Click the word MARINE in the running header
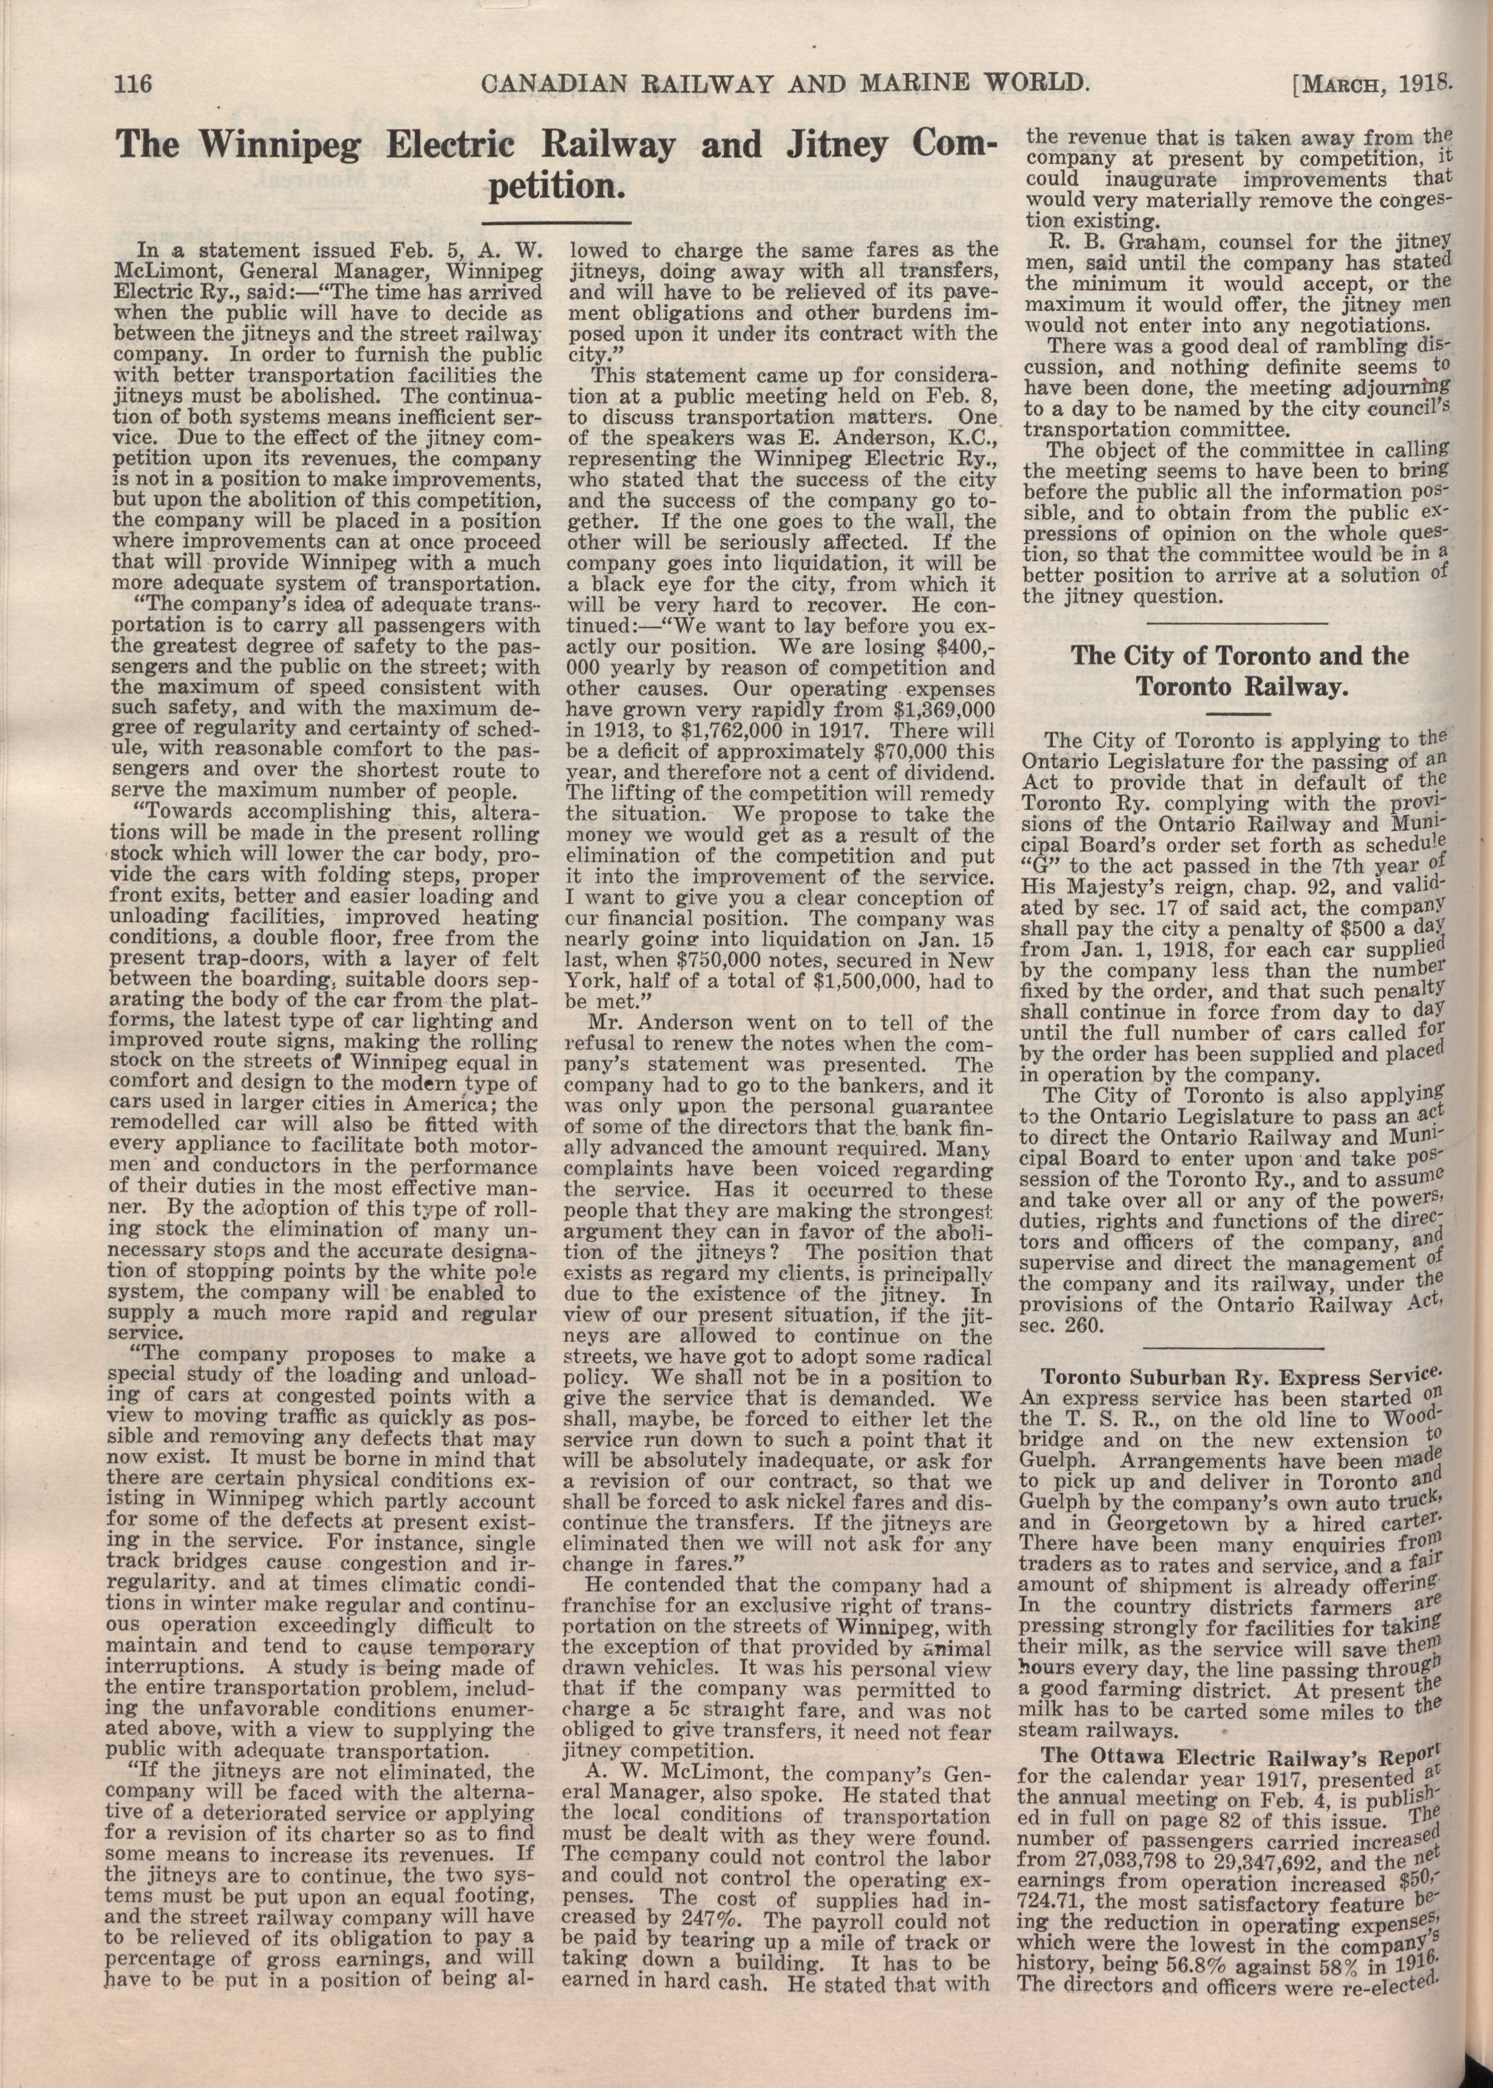point(871,84)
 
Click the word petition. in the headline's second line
point(555,188)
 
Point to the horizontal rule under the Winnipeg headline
point(556,222)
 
